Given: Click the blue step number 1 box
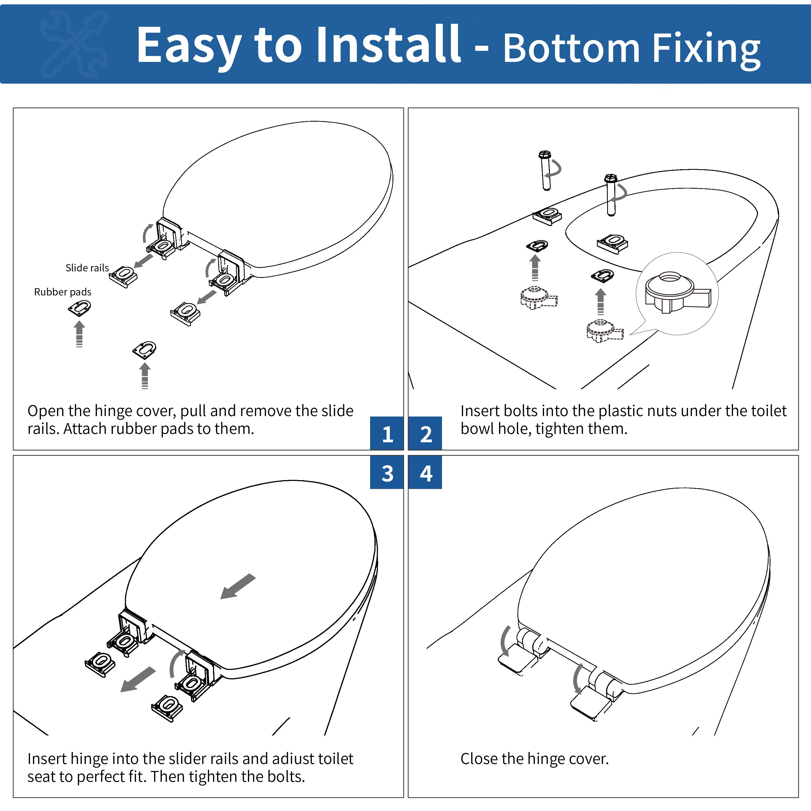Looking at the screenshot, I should [x=387, y=433].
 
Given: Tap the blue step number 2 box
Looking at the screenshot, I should [x=425, y=433].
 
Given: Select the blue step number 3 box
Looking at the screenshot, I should [x=387, y=473].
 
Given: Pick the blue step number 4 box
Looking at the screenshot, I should [x=425, y=473].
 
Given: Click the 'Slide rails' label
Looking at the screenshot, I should [x=87, y=268].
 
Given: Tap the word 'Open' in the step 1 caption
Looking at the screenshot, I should [x=45, y=411].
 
